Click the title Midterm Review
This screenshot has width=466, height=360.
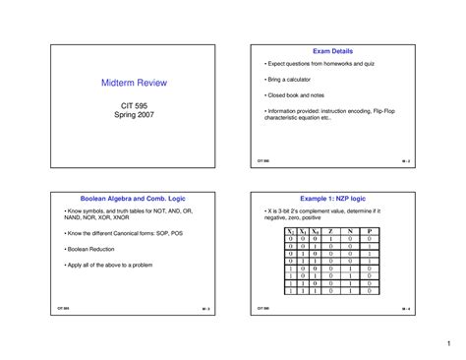tap(134, 84)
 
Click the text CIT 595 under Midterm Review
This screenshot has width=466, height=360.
tap(134, 104)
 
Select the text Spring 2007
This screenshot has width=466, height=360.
tap(134, 115)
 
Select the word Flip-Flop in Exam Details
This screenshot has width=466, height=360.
tap(388, 111)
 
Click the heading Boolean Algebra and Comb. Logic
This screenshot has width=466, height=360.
tap(134, 197)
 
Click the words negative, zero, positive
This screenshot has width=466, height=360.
tap(301, 218)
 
